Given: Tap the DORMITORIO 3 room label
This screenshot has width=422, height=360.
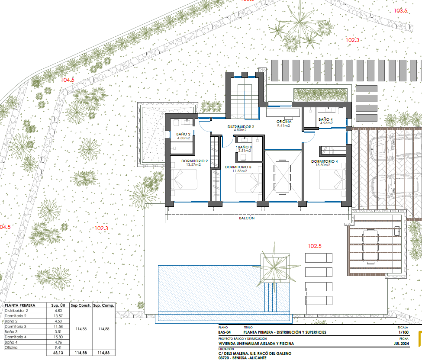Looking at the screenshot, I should [x=238, y=167].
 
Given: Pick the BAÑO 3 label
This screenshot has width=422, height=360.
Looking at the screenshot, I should [x=245, y=147].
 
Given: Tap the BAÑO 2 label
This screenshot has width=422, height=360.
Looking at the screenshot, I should [x=184, y=134].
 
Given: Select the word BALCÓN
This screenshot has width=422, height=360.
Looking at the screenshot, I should [x=247, y=219].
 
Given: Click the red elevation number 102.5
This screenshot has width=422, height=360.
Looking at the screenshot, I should [x=315, y=246].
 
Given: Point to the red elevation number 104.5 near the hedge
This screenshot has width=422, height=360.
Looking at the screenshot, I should [x=68, y=80].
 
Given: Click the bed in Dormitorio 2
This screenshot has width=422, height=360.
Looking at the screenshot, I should [x=184, y=179].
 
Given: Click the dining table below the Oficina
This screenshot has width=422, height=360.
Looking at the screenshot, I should [x=282, y=176].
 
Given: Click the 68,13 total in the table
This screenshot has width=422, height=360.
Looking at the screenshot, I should [x=58, y=353].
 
